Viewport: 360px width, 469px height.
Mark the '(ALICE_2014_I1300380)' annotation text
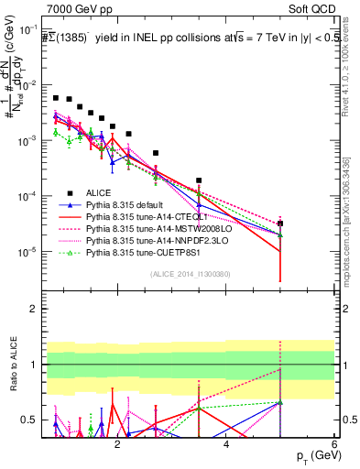click(x=190, y=273)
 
